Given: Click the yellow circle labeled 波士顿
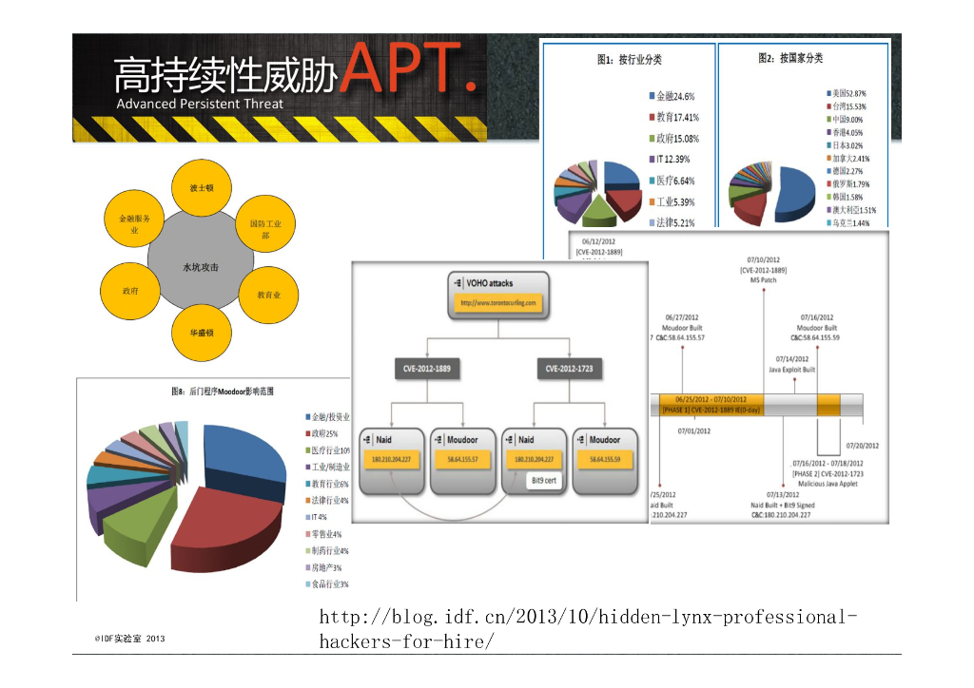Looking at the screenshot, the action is (201, 188).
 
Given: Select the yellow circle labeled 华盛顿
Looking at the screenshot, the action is (201, 332).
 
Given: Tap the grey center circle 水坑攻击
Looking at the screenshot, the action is (201, 267).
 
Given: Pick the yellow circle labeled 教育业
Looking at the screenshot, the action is (269, 296).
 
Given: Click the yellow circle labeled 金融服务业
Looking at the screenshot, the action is (134, 224).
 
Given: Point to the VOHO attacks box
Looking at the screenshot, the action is (498, 294).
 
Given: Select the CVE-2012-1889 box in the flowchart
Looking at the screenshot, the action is (427, 368).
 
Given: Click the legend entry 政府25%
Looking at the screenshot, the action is (326, 433).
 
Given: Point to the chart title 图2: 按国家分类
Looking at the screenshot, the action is (790, 59).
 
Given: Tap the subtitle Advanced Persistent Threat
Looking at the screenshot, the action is (200, 104).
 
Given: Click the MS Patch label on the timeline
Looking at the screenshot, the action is (764, 280).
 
